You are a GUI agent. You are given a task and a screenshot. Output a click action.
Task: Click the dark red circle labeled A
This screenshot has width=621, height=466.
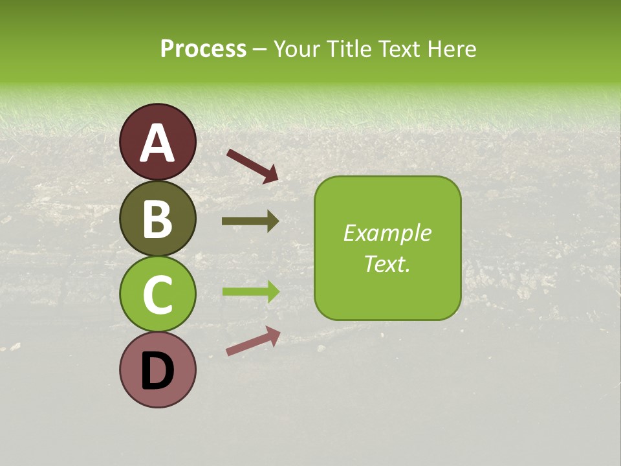coord(158,142)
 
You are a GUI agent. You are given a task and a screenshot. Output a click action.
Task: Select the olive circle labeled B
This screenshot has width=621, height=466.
coord(158,218)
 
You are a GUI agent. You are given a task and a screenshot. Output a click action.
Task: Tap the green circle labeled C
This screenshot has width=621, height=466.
coord(158,294)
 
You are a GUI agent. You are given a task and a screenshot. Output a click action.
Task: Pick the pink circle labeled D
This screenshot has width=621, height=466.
coord(158,370)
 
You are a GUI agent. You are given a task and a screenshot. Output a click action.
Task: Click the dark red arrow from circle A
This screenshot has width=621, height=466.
coord(252,164)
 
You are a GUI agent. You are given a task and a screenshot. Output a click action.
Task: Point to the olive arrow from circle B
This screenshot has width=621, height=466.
coord(250,221)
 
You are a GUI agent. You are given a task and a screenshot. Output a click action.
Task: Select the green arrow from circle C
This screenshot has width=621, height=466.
coord(250,291)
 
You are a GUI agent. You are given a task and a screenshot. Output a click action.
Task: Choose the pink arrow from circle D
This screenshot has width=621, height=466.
coord(253,341)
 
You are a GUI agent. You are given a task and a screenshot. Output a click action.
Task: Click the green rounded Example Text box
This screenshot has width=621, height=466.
coord(387,248)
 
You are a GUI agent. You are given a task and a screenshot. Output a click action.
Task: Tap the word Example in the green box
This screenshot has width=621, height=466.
coord(387,233)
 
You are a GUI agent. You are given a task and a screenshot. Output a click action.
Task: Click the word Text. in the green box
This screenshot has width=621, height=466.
coord(387,263)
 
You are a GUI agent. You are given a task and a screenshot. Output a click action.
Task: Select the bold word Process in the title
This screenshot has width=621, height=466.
coord(203,49)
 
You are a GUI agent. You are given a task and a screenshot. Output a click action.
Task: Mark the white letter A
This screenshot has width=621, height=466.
coord(158,143)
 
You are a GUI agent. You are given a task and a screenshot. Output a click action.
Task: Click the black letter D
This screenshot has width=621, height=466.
coord(158,371)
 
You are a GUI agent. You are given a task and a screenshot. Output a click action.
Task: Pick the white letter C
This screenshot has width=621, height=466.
coord(158,295)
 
